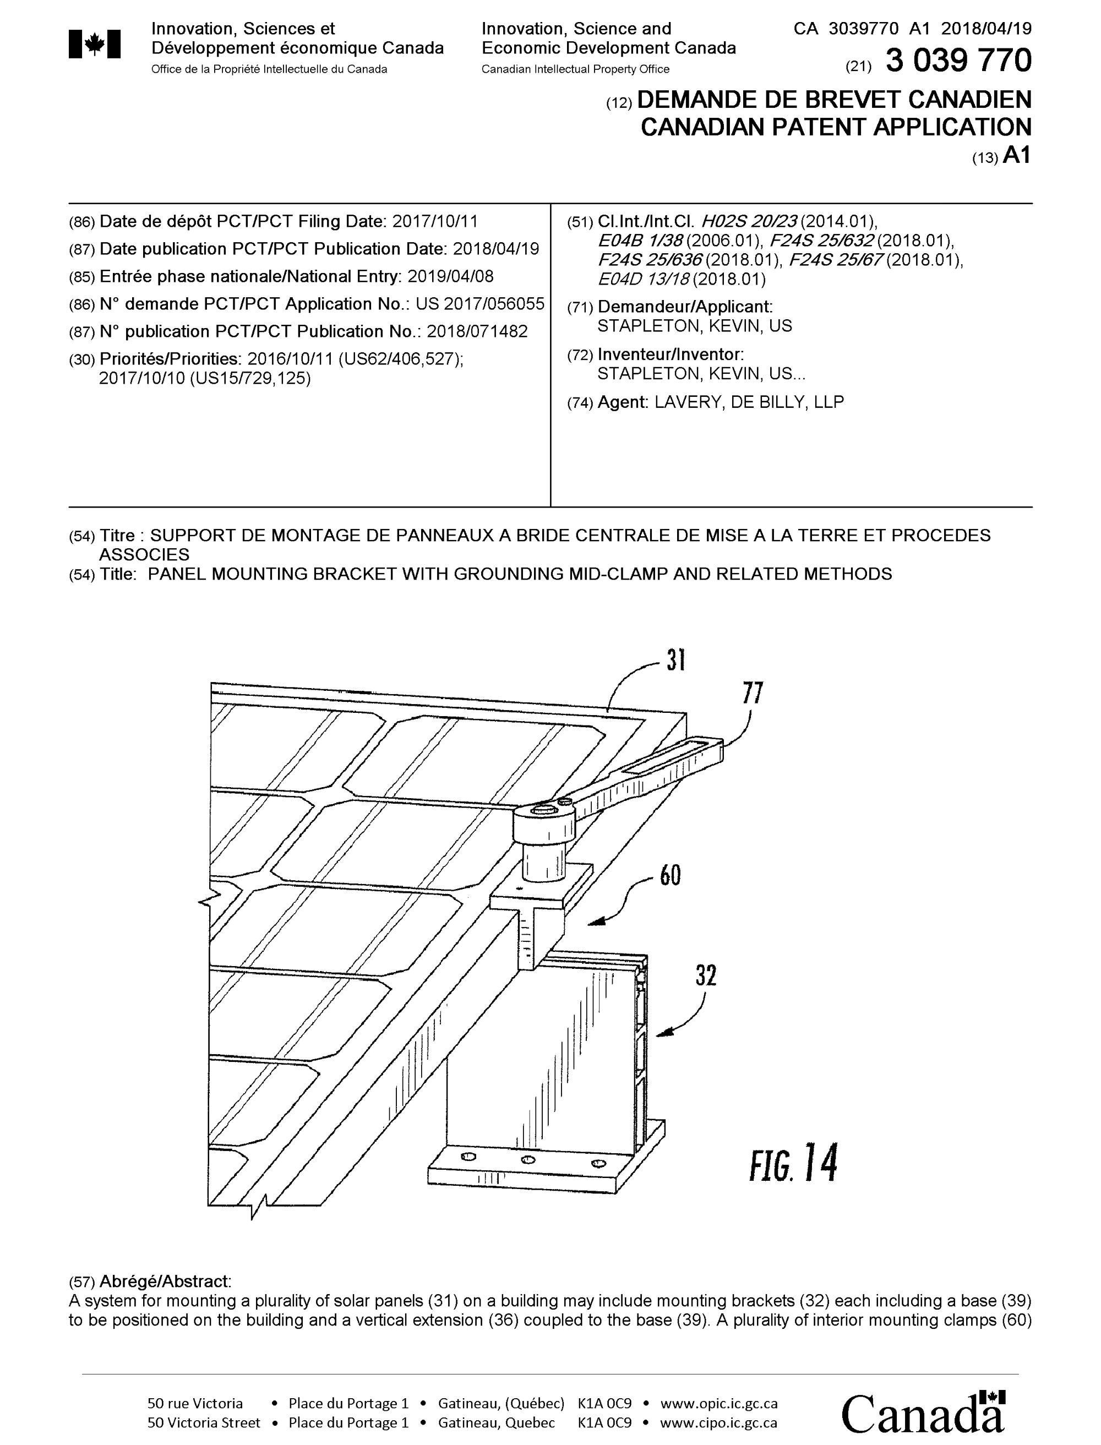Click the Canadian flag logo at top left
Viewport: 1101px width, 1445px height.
click(x=94, y=45)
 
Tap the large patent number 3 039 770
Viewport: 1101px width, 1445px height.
click(x=958, y=61)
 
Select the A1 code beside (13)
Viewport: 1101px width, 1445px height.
click(x=1016, y=155)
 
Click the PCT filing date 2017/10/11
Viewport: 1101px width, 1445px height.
click(x=435, y=221)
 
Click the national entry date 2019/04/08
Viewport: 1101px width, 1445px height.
click(x=450, y=276)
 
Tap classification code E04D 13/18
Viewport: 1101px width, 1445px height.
click(x=644, y=279)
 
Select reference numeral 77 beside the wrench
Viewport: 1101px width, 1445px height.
click(x=753, y=692)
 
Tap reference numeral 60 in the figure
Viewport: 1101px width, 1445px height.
click(x=670, y=875)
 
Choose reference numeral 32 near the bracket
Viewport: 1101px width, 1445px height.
click(x=706, y=976)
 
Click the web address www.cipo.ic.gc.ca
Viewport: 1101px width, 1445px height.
click(x=718, y=1423)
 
